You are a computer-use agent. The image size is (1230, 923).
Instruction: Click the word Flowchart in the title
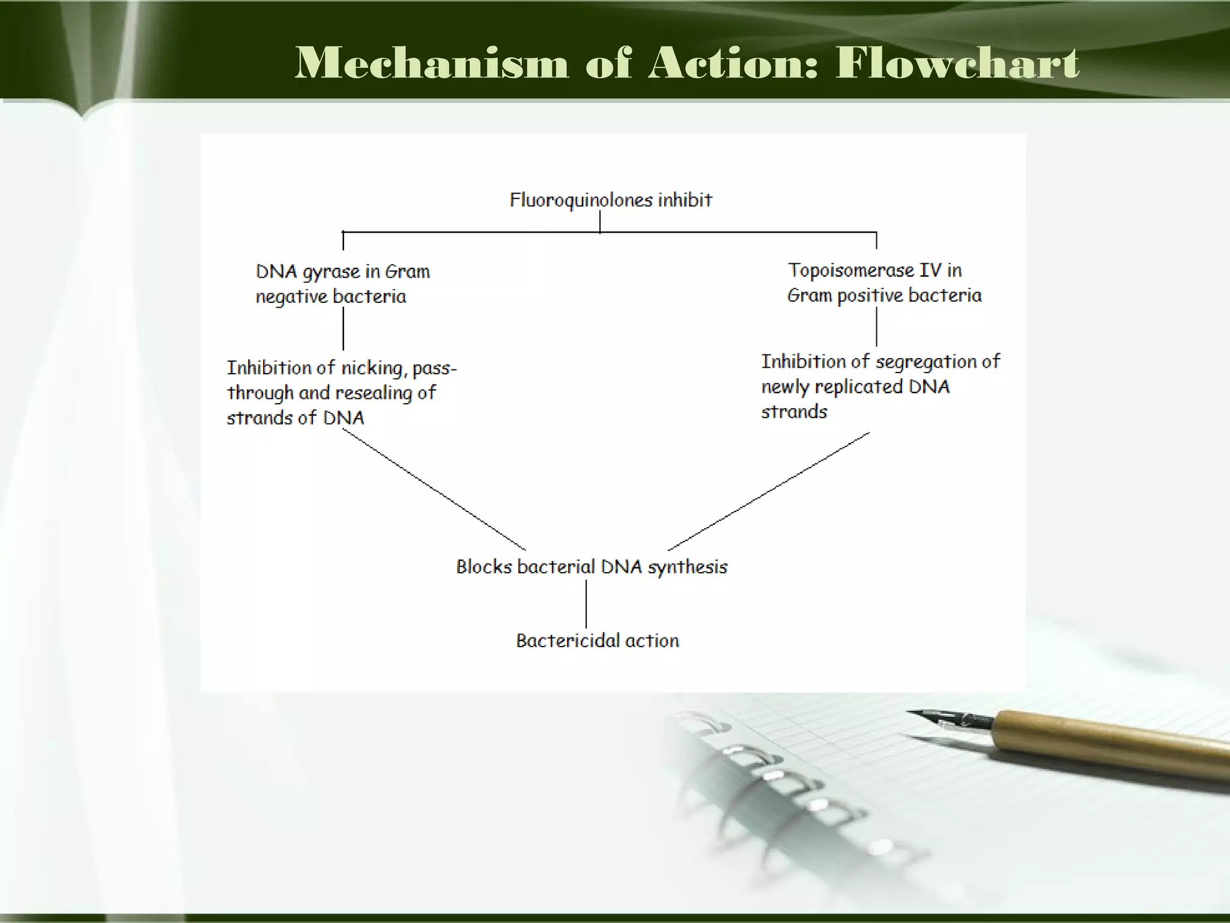(x=957, y=64)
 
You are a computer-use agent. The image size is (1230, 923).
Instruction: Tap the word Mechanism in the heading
(x=431, y=64)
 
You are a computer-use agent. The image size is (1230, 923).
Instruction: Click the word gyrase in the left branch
(x=331, y=272)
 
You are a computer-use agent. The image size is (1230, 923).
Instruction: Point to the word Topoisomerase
(x=850, y=270)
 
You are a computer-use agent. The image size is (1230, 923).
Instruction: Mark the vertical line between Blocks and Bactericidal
(x=586, y=604)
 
